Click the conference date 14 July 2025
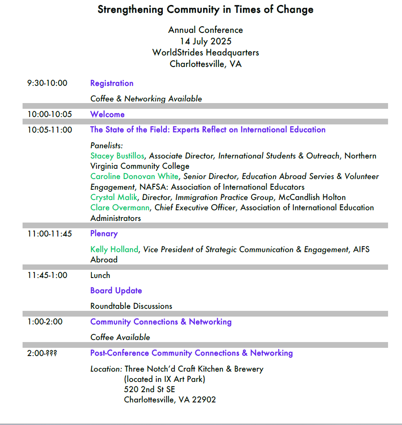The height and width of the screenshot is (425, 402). [x=206, y=41]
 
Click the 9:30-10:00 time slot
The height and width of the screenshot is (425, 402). [x=47, y=83]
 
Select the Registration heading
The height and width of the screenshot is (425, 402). [x=112, y=83]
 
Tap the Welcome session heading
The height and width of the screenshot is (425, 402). [x=107, y=115]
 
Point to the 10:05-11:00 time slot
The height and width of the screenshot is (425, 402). [x=50, y=130]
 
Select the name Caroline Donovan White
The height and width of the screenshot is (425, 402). [x=135, y=177]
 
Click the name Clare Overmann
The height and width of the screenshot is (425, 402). [x=120, y=208]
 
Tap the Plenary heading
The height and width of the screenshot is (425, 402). [x=104, y=234]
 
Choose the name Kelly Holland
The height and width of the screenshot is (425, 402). [x=114, y=250]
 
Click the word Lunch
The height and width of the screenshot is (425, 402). [x=100, y=276]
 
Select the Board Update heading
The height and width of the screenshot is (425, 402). [x=116, y=291]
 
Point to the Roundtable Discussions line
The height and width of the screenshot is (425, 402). [x=131, y=306]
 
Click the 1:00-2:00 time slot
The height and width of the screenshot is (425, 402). [x=45, y=322]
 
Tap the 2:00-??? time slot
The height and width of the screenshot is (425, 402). [x=42, y=353]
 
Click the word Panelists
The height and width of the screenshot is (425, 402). [x=107, y=146]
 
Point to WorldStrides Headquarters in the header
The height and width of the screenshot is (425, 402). [x=206, y=53]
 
